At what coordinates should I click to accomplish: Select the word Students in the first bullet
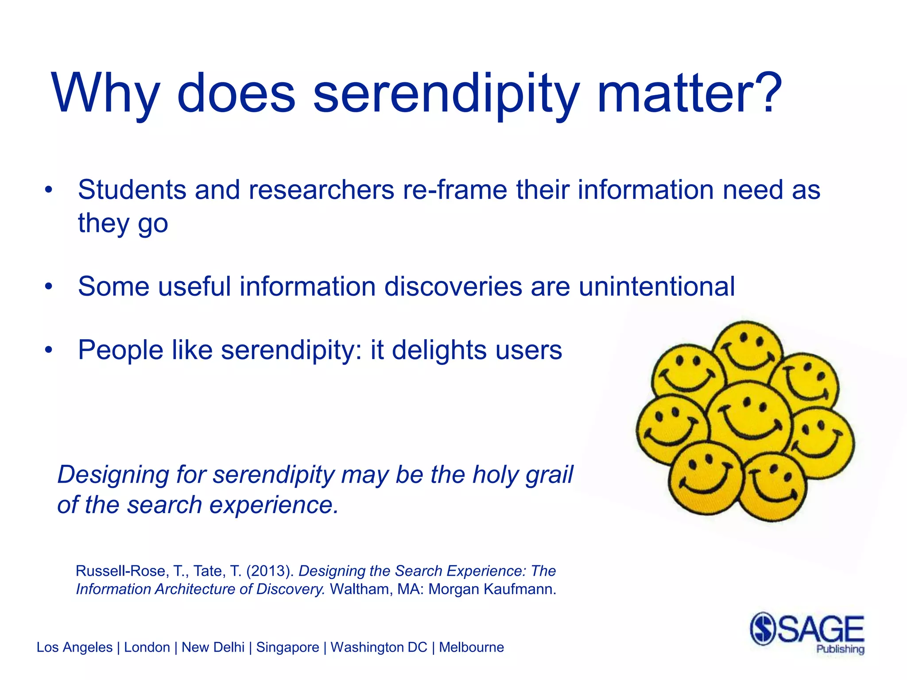pyautogui.click(x=132, y=190)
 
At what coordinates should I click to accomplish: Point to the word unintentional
pyautogui.click(x=657, y=286)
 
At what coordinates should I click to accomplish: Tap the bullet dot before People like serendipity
pyautogui.click(x=48, y=351)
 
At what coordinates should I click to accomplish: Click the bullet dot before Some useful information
pyautogui.click(x=48, y=287)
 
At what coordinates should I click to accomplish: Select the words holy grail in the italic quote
pyautogui.click(x=523, y=475)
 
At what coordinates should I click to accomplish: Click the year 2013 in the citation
pyautogui.click(x=270, y=571)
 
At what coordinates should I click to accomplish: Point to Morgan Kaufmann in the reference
pyautogui.click(x=492, y=589)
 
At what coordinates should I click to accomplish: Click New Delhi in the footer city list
pyautogui.click(x=213, y=647)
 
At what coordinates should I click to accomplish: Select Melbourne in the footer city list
pyautogui.click(x=471, y=647)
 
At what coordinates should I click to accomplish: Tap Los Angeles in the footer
pyautogui.click(x=74, y=647)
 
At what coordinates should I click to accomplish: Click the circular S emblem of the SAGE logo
pyautogui.click(x=763, y=629)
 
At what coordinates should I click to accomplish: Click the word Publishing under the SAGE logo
pyautogui.click(x=840, y=649)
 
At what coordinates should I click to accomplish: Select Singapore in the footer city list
pyautogui.click(x=287, y=647)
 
